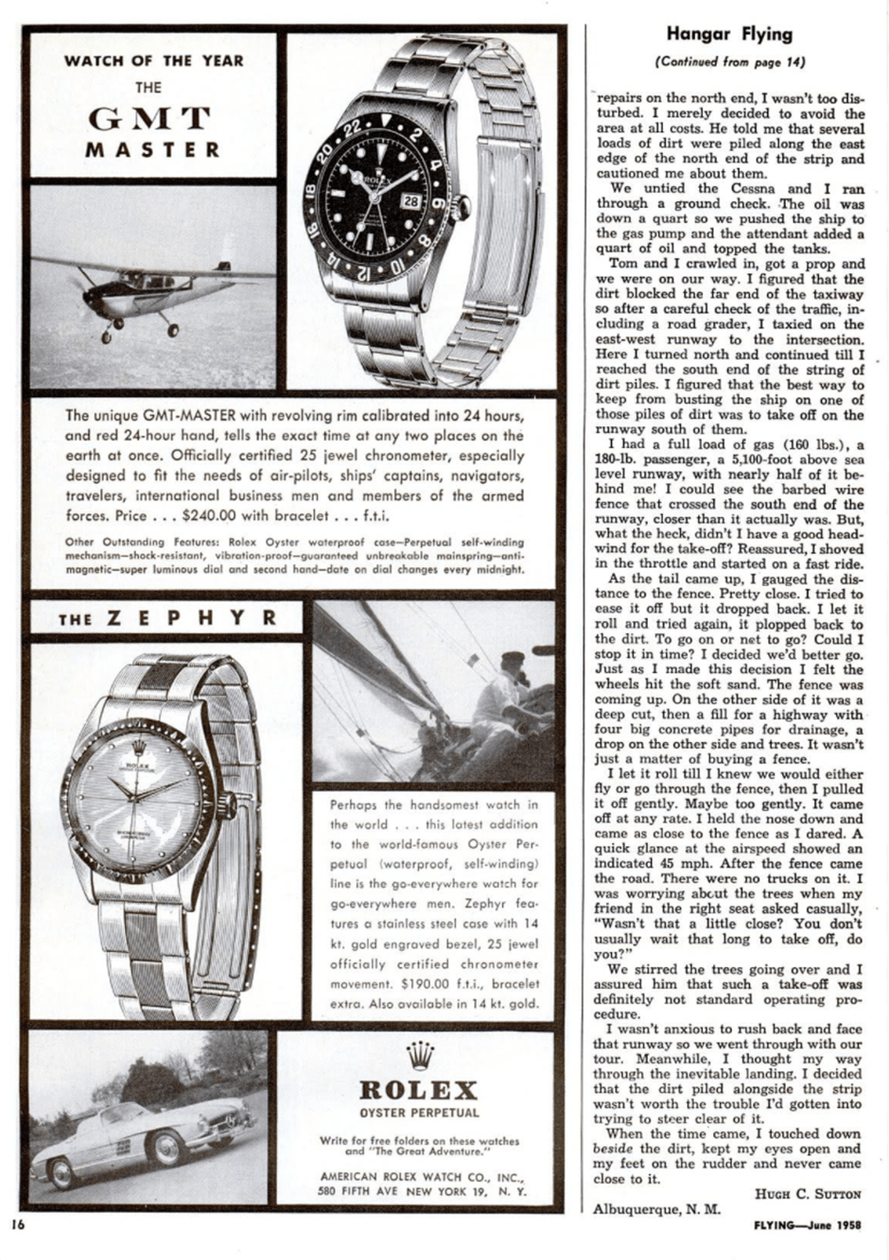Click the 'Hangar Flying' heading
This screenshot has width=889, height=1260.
[x=728, y=35]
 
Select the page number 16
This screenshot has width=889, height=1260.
[x=17, y=1222]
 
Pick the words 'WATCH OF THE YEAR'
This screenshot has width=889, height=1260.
[x=153, y=61]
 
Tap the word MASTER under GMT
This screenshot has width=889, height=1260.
[x=153, y=149]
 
